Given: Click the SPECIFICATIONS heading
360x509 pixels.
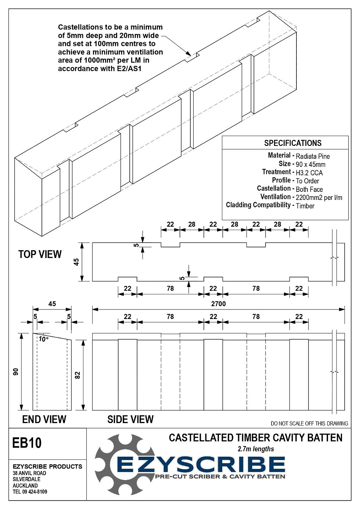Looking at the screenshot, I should (292, 143).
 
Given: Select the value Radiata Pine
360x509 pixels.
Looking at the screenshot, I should (313, 156).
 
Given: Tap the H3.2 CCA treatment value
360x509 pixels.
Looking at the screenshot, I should (309, 173).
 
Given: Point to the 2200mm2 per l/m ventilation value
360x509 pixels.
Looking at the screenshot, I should (318, 198).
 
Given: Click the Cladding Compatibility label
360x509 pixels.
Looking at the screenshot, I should (258, 205).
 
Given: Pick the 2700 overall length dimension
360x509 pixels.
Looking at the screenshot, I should (218, 304).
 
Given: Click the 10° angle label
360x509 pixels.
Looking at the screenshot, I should (43, 339).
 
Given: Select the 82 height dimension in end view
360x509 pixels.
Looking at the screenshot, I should (78, 375).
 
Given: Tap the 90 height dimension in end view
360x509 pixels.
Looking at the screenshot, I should (16, 372).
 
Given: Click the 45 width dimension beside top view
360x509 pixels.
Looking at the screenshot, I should (76, 262).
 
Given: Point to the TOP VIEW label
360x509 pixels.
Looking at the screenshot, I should (40, 254).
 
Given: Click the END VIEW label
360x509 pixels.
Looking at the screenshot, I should (44, 419).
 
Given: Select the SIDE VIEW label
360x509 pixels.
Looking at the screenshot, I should (130, 419).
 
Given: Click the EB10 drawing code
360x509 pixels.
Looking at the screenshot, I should (27, 443).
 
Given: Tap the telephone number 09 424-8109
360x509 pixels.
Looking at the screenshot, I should (35, 492).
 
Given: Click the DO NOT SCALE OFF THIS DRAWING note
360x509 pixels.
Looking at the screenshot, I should (309, 423).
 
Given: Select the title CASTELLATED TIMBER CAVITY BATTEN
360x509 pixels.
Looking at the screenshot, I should (255, 438).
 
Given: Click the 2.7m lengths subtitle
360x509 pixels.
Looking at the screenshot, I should (256, 449).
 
